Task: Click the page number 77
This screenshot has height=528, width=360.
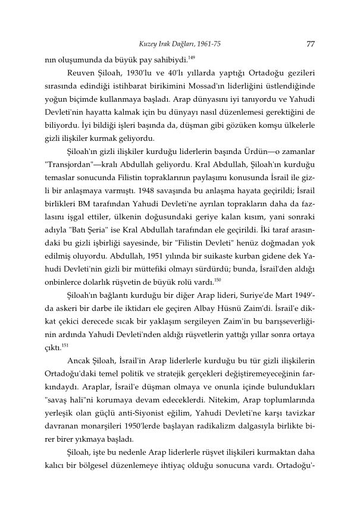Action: [x=309, y=43]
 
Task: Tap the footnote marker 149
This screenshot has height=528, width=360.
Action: [x=191, y=58]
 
